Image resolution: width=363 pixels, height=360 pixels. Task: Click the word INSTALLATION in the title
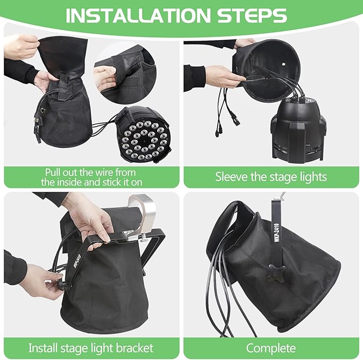(138, 16)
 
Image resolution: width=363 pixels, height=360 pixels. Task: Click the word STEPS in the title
(252, 16)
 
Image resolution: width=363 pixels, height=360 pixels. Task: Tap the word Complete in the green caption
(271, 348)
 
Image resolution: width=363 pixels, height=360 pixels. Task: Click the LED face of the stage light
(144, 140)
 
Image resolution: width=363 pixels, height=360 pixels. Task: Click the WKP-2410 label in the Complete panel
(277, 232)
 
